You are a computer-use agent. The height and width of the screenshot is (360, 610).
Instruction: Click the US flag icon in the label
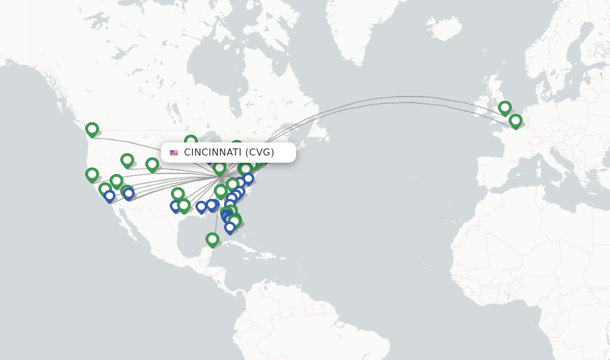click(174, 153)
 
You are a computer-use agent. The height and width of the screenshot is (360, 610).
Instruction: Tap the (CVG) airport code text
click(260, 153)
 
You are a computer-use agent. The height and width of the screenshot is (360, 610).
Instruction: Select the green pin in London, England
click(505, 107)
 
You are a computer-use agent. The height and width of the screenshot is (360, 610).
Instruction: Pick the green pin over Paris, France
click(515, 120)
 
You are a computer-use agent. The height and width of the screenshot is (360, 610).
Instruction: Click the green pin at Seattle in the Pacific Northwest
click(92, 129)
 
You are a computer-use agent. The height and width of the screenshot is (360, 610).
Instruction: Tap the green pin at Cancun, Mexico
click(212, 239)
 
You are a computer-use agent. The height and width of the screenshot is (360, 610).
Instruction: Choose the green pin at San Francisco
click(92, 174)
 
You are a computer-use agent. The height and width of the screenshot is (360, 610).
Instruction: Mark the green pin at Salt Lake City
click(127, 160)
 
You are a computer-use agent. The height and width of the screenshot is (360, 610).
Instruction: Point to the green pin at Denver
click(152, 164)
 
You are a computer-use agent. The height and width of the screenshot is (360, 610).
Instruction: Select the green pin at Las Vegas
click(116, 181)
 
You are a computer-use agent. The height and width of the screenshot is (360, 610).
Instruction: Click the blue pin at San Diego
click(110, 195)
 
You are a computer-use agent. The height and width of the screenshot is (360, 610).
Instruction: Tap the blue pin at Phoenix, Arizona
click(129, 194)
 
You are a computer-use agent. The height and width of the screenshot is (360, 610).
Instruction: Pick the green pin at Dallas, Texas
click(178, 194)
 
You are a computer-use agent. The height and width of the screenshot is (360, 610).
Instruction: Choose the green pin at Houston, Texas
click(184, 205)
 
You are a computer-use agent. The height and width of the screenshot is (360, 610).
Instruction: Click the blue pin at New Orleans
click(201, 206)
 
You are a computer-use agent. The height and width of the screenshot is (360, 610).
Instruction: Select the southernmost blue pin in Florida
click(230, 227)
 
